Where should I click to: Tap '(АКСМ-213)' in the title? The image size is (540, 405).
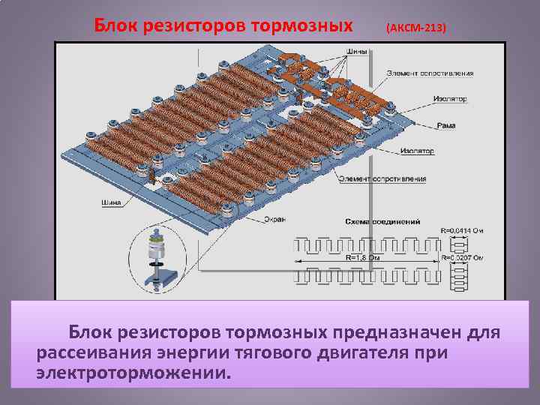pos(415,28)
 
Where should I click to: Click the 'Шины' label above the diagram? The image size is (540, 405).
pos(357,52)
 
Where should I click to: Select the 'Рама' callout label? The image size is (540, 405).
pos(443,125)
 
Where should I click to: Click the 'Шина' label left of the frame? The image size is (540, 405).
pos(109,202)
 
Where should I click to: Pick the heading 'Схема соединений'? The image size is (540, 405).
pos(382,222)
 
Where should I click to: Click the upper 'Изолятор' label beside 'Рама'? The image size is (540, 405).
pos(449,98)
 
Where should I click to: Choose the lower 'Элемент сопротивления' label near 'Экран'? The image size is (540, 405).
pos(382,178)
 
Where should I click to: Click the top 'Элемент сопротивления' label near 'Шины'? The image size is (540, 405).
pos(430,73)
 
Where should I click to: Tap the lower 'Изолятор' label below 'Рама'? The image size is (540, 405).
pos(417,151)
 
